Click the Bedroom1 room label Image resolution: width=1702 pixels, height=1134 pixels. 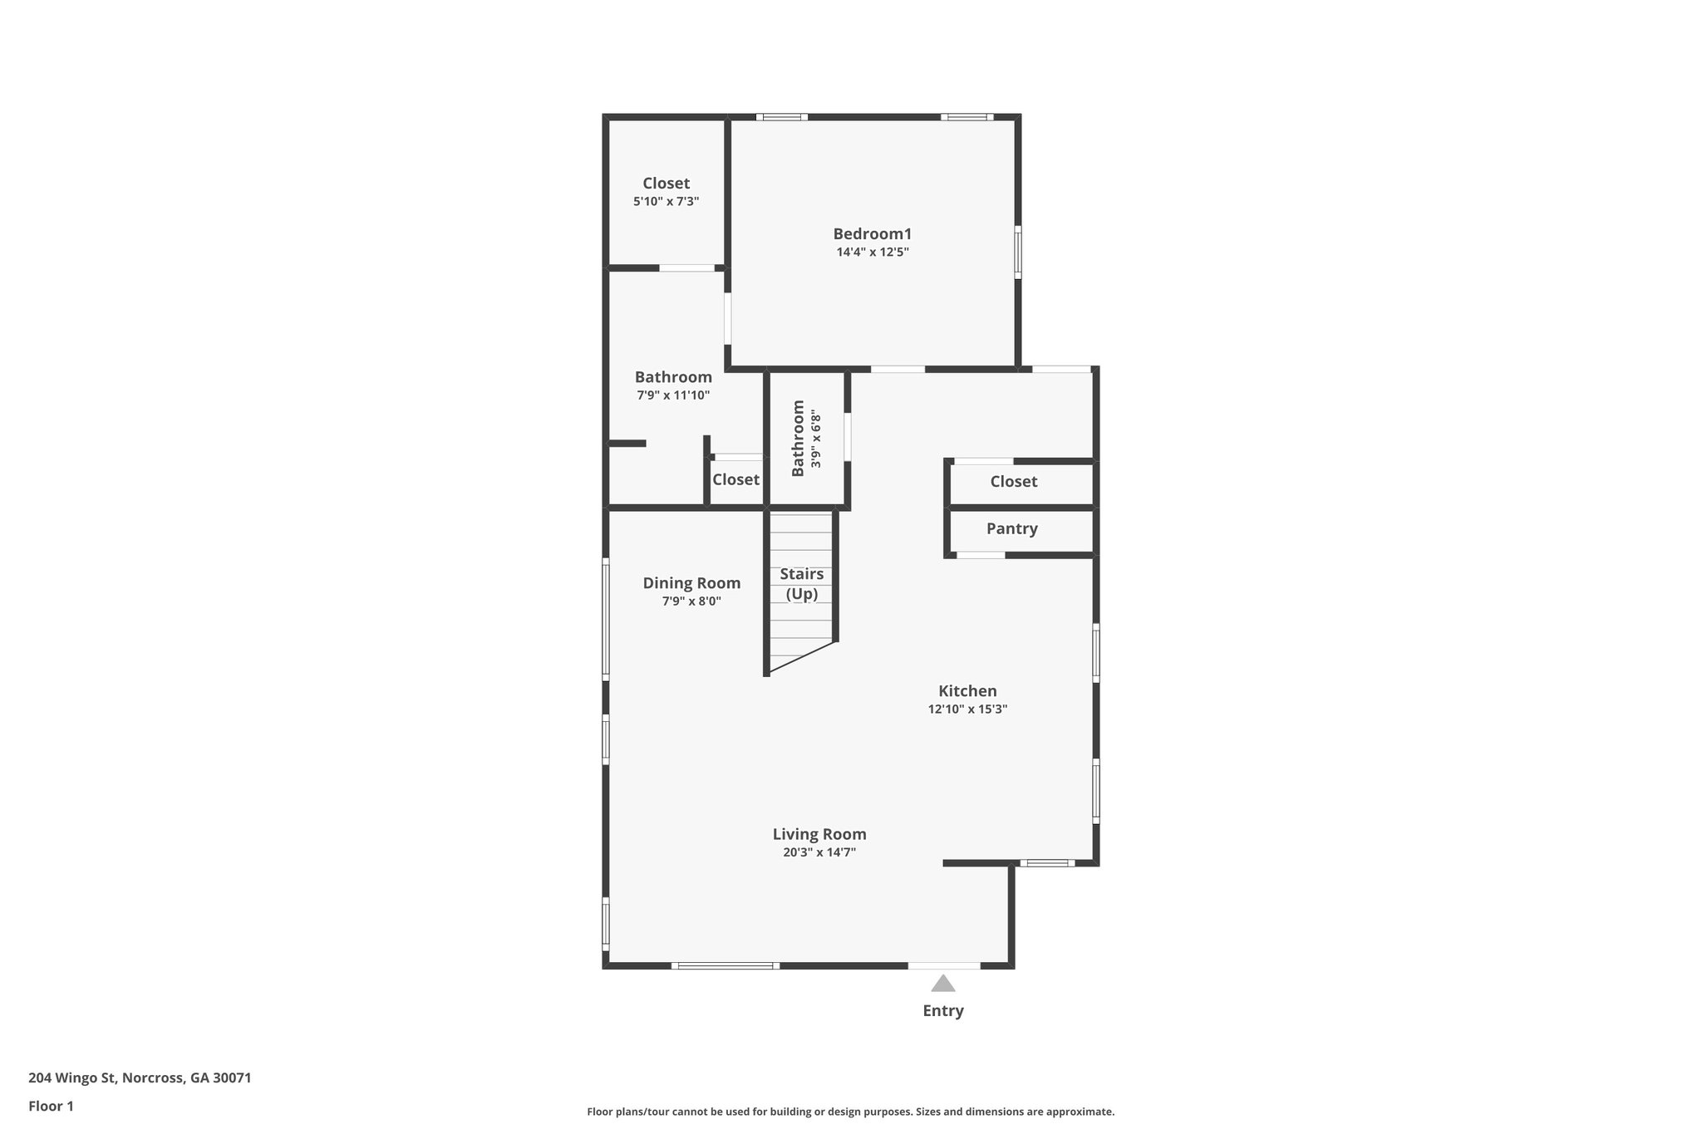tap(872, 234)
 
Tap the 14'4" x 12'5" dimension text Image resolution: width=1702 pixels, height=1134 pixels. tap(872, 253)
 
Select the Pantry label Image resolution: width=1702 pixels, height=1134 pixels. tap(1011, 529)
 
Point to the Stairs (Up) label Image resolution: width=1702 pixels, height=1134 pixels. tap(801, 584)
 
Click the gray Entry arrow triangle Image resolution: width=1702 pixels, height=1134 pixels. tap(942, 984)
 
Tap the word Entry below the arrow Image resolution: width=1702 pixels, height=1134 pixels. tap(942, 1011)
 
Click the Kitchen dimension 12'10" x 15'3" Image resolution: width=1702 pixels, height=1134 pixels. tap(967, 709)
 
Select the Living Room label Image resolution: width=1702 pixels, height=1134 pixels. tap(819, 834)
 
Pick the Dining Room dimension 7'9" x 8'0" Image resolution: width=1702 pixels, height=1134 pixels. tap(691, 601)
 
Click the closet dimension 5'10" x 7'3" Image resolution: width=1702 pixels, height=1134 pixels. tap(666, 202)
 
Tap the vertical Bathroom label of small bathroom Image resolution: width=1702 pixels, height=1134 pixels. tap(798, 439)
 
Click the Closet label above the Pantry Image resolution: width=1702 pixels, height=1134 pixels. tap(1013, 482)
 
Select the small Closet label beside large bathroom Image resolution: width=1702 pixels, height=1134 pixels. tap(735, 480)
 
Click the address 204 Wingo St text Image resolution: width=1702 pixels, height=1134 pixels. tap(140, 1078)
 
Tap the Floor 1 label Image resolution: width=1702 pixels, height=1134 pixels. tap(51, 1107)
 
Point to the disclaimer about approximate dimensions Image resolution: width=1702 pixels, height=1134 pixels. tap(850, 1112)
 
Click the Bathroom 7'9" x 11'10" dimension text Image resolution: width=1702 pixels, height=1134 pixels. tap(673, 395)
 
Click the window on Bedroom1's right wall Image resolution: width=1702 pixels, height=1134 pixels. tap(1018, 252)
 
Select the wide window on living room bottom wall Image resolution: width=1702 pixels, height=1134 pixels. tap(726, 965)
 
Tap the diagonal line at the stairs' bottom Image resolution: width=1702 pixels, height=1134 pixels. tap(801, 656)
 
